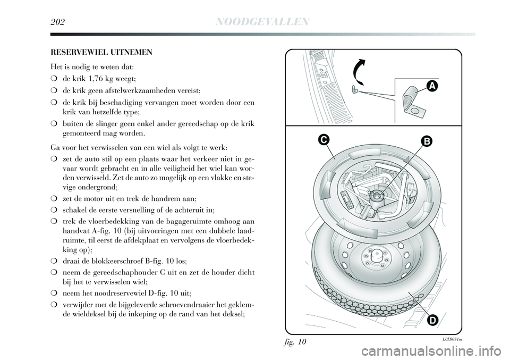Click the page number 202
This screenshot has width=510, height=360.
coord(61,21)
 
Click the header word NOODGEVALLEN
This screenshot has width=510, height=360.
coord(263,21)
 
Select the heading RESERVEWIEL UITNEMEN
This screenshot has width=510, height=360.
coord(101,53)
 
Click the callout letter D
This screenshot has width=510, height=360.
coord(431,320)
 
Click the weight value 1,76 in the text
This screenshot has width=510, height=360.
coord(99,79)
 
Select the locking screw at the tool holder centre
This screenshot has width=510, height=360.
coord(376,195)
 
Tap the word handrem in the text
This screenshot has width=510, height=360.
coord(166,198)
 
